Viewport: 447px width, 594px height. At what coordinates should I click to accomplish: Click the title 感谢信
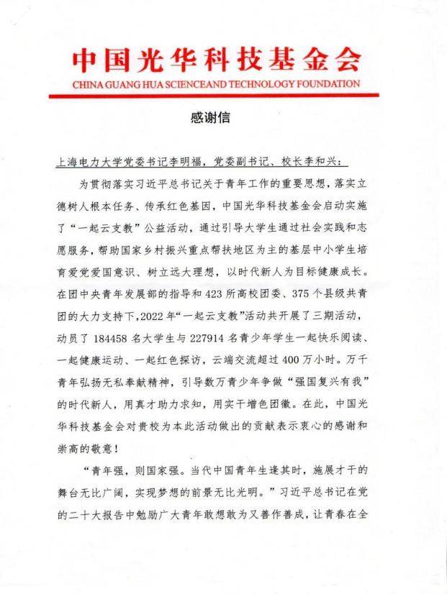coord(217,117)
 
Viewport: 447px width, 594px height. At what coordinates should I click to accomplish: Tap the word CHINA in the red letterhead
coord(89,84)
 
